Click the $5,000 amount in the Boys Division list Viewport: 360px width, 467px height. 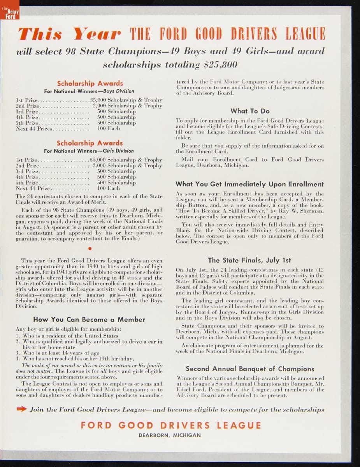click(97, 100)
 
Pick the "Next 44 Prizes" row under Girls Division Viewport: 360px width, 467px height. click(33, 188)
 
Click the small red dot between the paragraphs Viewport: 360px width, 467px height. click(90, 248)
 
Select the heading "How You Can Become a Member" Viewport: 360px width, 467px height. click(89, 320)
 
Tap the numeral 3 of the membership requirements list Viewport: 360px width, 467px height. click(18, 353)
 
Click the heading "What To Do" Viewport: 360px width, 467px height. click(250, 111)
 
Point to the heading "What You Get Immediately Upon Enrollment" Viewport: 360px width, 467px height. click(249, 184)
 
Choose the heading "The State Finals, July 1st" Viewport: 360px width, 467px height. click(249, 260)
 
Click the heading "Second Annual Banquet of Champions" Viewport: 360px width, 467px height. click(250, 369)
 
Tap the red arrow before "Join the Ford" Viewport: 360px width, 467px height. click(21, 409)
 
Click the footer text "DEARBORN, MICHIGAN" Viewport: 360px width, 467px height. click(170, 435)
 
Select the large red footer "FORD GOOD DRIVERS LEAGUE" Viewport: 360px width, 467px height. click(171, 425)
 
